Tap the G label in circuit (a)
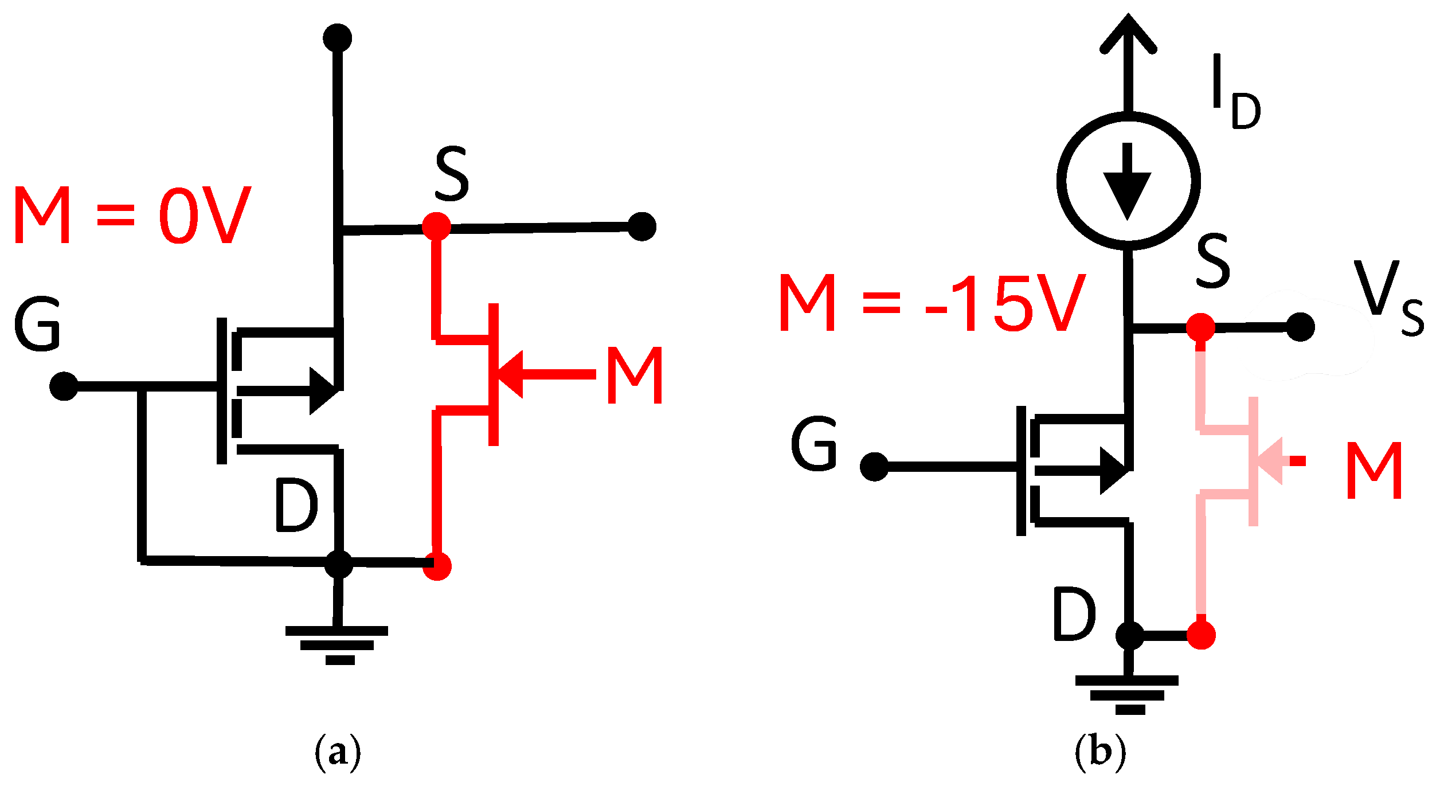coord(37,324)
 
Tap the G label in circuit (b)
coord(814,444)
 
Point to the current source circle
coord(1128,181)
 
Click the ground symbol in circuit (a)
coord(338,645)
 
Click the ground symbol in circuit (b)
coord(1127,694)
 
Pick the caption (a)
coord(338,751)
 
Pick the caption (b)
coord(1100,751)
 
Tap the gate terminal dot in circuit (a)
coord(64,386)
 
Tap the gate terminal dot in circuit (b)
coord(874,467)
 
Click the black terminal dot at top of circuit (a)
coord(337,38)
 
